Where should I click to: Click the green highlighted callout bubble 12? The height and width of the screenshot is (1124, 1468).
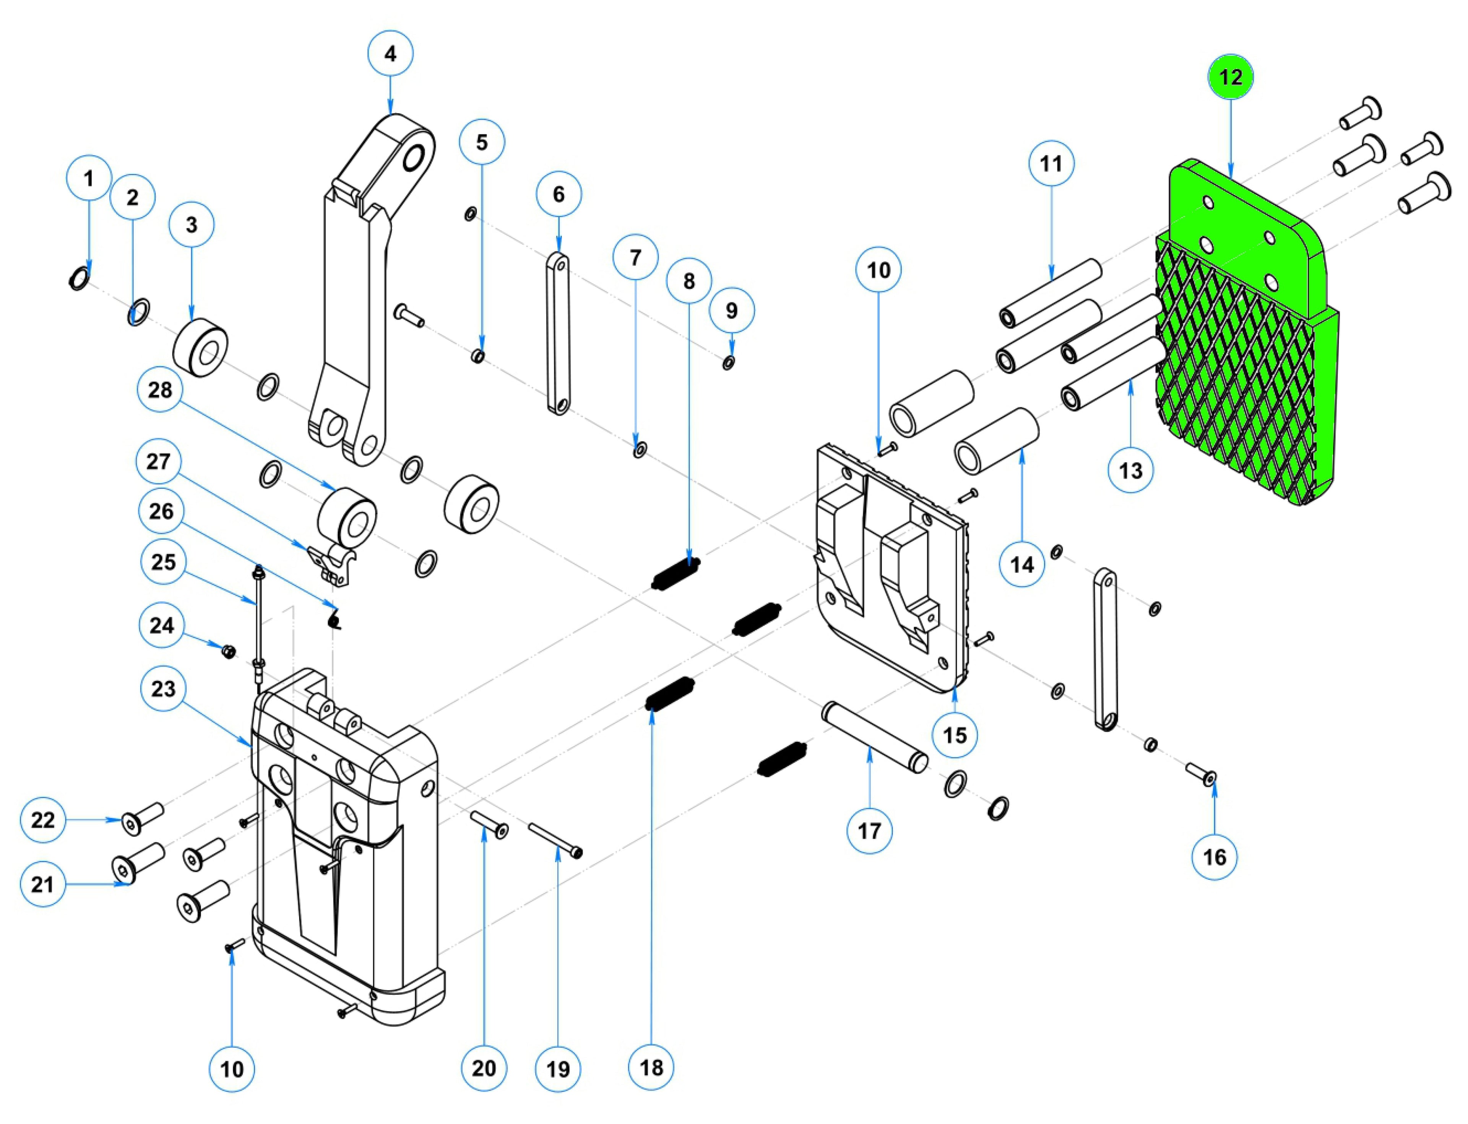pos(1230,78)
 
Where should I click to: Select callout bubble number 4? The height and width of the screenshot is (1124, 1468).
pos(391,54)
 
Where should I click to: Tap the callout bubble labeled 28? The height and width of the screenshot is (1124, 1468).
pos(160,390)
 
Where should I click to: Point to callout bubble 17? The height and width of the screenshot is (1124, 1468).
pos(869,831)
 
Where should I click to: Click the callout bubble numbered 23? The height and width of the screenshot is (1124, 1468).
pos(163,688)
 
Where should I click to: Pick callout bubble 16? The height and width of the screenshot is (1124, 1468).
pos(1215,857)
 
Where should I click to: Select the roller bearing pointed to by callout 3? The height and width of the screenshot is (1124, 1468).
pos(201,348)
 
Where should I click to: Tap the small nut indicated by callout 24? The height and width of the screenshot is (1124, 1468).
pos(227,650)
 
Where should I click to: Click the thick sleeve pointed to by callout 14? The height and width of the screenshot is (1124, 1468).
pos(997,442)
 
